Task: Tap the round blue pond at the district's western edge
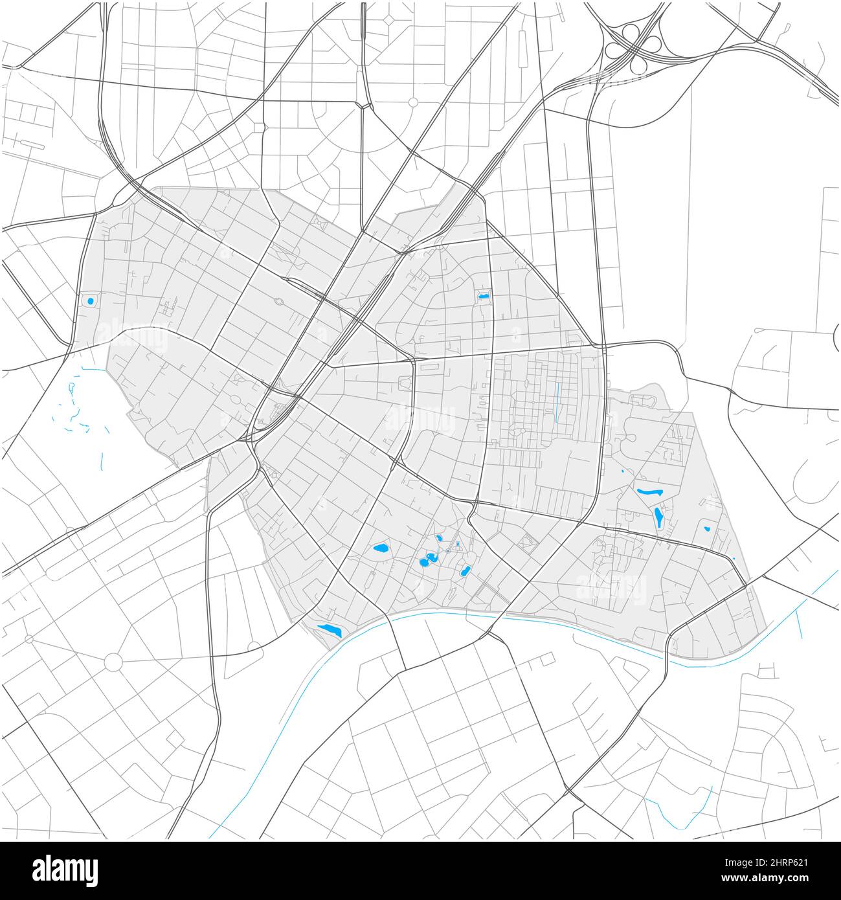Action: coord(90,301)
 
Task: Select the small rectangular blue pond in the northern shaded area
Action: coord(483,297)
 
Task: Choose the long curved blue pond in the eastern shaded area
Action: coord(649,493)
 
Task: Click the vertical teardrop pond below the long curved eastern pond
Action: coord(658,517)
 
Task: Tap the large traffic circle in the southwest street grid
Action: coord(113,662)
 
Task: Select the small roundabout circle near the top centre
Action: coord(413,102)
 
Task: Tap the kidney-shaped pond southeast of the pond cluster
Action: coord(465,571)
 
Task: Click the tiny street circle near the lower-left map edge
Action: coord(28,639)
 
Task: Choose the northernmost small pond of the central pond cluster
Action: coord(439,537)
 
